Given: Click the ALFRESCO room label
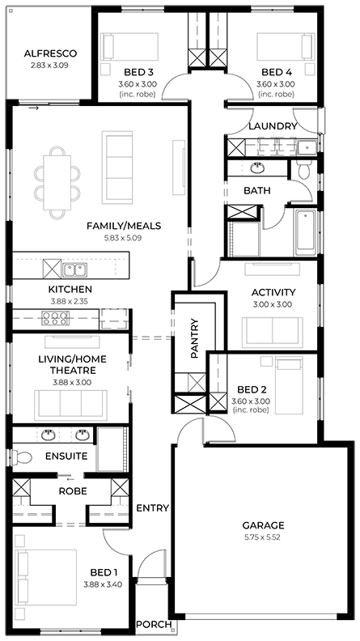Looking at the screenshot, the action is click(50, 53).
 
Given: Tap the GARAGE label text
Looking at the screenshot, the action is click(263, 525).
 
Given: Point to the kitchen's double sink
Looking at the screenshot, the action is click(74, 270).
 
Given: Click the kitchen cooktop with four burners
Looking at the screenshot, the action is click(55, 318).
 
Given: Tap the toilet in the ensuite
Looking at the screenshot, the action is click(22, 457).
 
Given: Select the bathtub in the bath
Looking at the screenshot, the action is click(305, 232).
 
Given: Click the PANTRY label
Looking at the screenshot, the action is click(194, 338).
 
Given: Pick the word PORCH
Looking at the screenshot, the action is click(154, 624).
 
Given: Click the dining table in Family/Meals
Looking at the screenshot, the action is click(57, 183).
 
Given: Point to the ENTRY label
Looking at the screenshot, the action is click(152, 508).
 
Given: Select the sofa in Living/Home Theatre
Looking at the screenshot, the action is click(70, 405).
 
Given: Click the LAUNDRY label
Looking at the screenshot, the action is click(273, 126).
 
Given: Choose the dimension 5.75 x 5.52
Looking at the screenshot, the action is click(263, 537).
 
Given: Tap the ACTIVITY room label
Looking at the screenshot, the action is click(273, 293).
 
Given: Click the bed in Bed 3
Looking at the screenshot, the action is click(129, 47).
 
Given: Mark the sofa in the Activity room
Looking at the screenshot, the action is click(272, 333).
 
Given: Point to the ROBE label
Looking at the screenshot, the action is click(73, 491).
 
